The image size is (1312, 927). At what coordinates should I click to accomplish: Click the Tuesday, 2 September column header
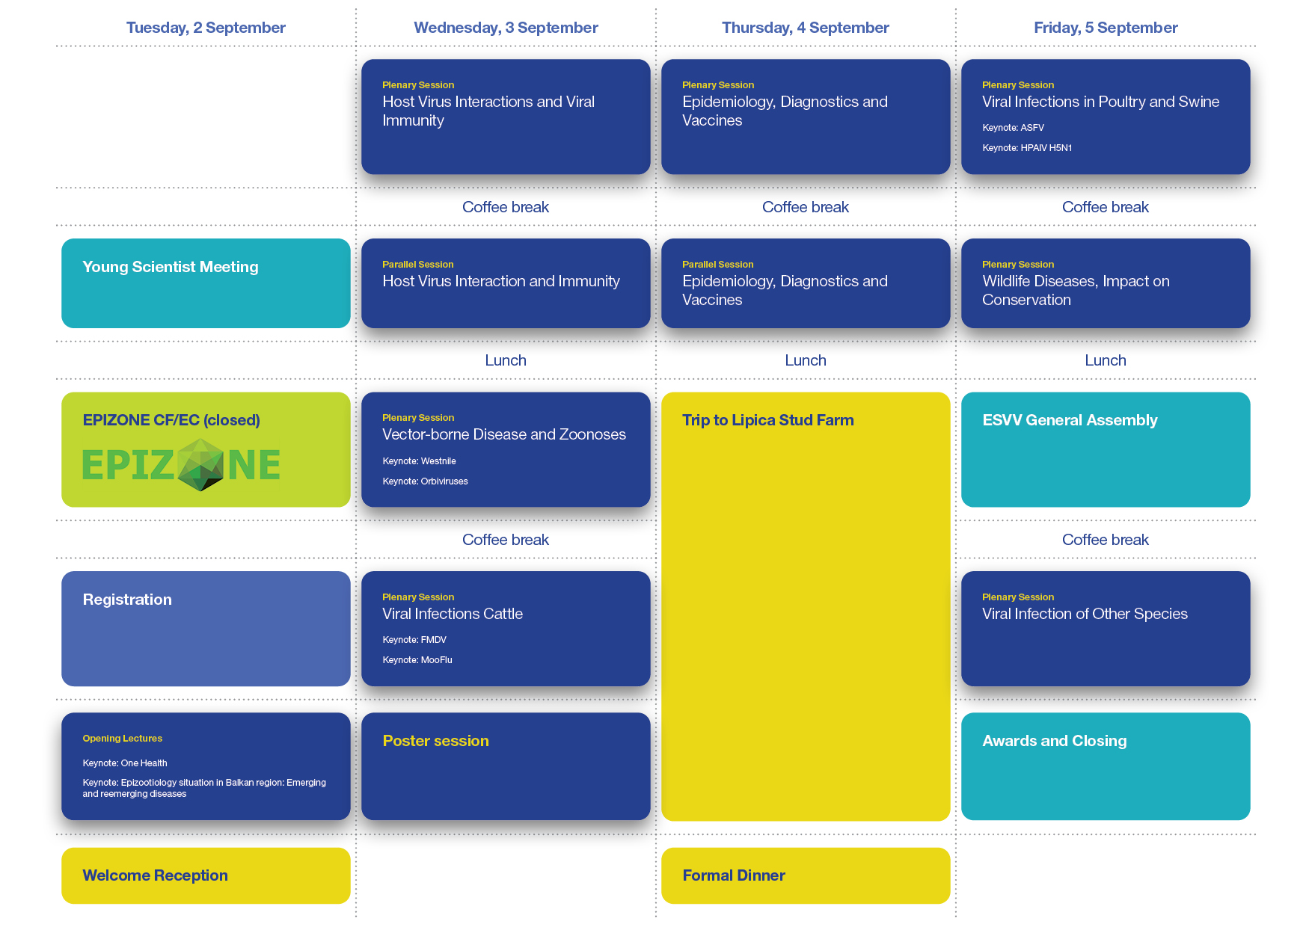(x=206, y=28)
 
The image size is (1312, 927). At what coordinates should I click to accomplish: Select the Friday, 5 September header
(x=1106, y=28)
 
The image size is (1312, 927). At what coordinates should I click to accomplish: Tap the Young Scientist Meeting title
(x=171, y=267)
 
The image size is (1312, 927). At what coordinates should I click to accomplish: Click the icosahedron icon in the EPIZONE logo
(x=201, y=464)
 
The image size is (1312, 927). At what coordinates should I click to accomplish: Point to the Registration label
(x=127, y=600)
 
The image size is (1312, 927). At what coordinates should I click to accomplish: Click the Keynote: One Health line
(x=125, y=763)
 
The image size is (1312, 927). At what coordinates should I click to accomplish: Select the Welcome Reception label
(x=155, y=875)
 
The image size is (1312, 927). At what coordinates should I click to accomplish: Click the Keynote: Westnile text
(x=419, y=461)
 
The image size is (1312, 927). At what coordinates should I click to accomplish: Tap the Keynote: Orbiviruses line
(x=425, y=481)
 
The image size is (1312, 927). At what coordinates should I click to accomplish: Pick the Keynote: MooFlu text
(x=417, y=660)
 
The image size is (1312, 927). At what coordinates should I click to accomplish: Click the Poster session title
(x=435, y=741)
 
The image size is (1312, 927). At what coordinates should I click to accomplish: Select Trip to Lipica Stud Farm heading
(x=767, y=420)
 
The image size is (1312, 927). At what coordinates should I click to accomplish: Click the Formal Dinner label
(x=734, y=875)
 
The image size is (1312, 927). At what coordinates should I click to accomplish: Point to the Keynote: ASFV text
(x=1013, y=128)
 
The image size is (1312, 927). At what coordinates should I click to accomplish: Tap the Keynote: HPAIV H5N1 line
(x=1027, y=148)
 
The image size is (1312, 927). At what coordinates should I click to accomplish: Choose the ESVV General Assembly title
(x=1070, y=420)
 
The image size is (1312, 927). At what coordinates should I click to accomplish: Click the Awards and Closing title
(x=1054, y=741)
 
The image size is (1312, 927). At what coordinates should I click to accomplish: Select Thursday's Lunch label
(x=806, y=360)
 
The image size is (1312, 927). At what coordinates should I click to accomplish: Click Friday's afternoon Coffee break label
(x=1106, y=540)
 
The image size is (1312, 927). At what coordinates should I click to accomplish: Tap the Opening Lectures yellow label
(x=122, y=739)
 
